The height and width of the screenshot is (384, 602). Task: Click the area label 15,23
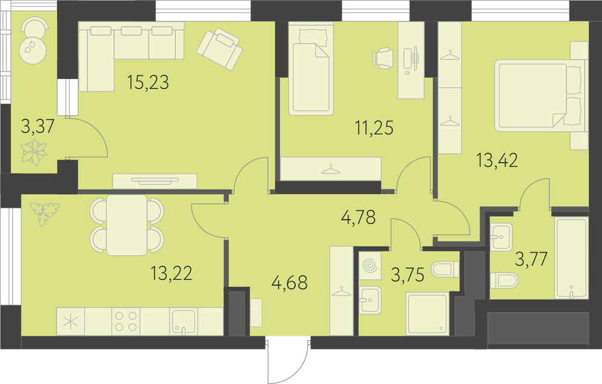148,82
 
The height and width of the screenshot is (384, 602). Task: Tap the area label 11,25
374,128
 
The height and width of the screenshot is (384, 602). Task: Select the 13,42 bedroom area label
497,160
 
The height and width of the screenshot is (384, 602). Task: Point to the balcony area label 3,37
37,126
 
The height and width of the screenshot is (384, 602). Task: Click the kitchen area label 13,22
172,273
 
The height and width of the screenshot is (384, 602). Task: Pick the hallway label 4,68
290,283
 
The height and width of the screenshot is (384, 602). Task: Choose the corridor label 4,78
359,217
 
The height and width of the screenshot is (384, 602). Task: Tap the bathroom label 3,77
532,259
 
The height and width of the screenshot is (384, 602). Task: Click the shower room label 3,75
408,274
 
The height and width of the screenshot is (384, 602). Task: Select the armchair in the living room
220,49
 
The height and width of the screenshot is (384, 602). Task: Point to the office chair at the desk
383,58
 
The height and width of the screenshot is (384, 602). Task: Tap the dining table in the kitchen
127,225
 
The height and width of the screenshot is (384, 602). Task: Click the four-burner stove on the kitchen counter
126,321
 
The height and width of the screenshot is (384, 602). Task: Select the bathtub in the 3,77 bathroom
571,258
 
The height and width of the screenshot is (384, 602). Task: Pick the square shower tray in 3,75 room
427,314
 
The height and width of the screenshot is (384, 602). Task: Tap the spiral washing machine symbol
370,265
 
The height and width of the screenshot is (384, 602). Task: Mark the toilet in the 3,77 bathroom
504,280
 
